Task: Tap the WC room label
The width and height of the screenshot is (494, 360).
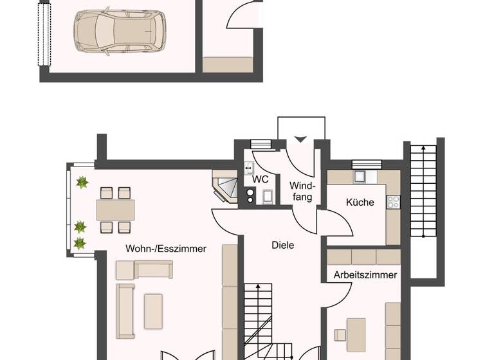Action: (x=261, y=179)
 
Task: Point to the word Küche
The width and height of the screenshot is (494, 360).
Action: (x=360, y=203)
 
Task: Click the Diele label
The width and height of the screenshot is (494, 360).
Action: (x=282, y=245)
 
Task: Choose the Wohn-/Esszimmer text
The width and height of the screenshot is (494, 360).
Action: (x=166, y=248)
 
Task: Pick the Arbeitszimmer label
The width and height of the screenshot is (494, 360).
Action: (x=365, y=274)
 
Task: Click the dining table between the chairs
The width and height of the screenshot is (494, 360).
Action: (x=116, y=210)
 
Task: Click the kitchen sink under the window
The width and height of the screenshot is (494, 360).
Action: (x=361, y=177)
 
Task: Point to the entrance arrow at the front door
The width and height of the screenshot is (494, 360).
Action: (x=300, y=139)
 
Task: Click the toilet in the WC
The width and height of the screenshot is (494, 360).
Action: (x=268, y=197)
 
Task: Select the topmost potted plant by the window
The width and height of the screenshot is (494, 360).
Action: (x=82, y=183)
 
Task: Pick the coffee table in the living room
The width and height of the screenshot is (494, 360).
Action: (x=153, y=311)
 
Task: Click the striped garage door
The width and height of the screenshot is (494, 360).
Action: (x=44, y=32)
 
